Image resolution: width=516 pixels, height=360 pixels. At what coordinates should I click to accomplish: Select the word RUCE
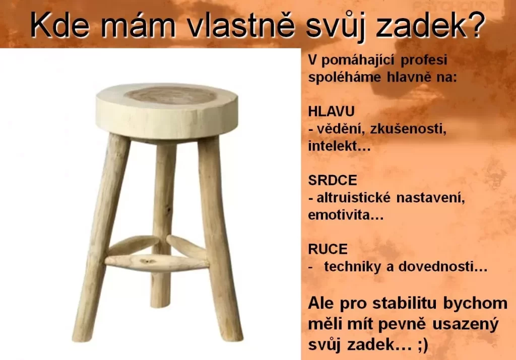pos(328,249)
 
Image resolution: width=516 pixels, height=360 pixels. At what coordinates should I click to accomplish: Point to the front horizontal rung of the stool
pos(156,262)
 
